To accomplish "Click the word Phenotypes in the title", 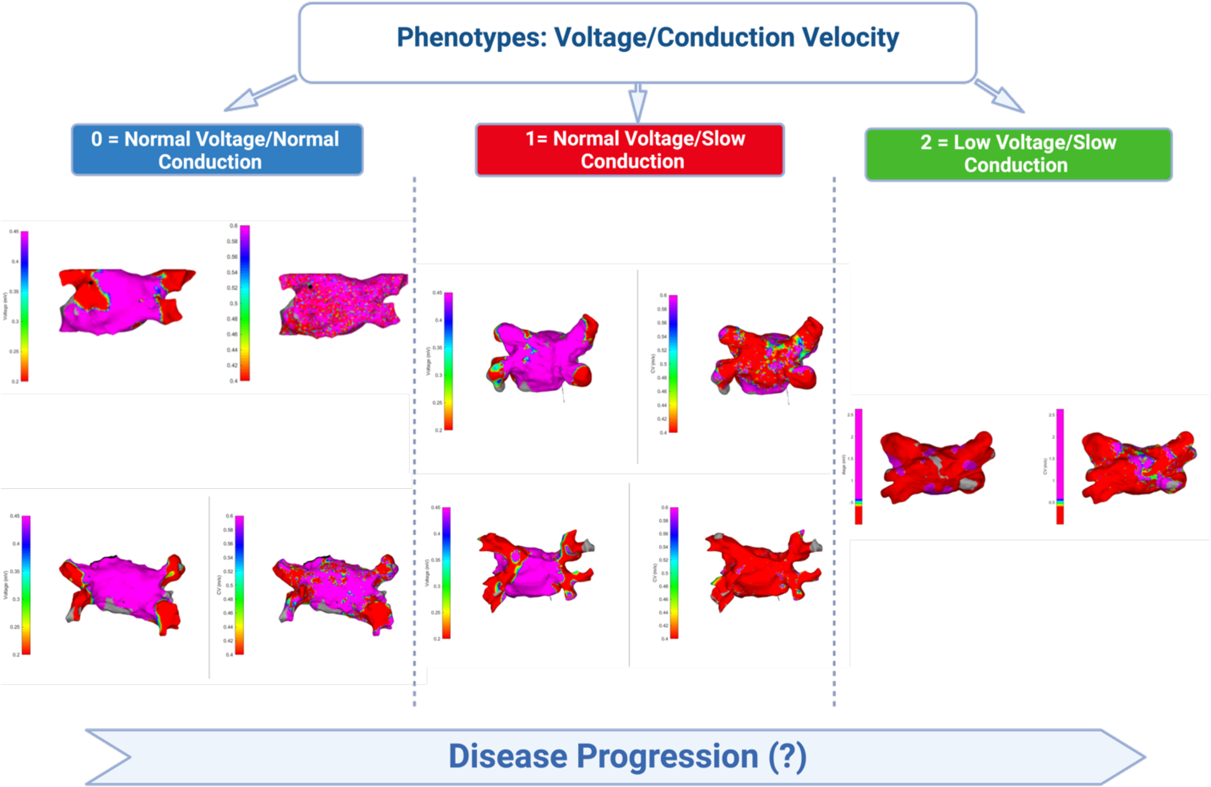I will [470, 38].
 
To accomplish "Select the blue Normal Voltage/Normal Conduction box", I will [217, 150].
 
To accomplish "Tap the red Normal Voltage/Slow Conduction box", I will [630, 150].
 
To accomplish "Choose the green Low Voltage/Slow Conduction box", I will [1018, 154].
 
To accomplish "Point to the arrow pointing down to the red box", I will [637, 102].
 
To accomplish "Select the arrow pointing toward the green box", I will [1000, 96].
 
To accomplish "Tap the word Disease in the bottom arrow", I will [507, 757].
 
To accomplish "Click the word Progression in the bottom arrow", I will [667, 757].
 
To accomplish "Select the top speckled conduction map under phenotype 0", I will [342, 304].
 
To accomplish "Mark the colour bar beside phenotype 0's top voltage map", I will [25, 306].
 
